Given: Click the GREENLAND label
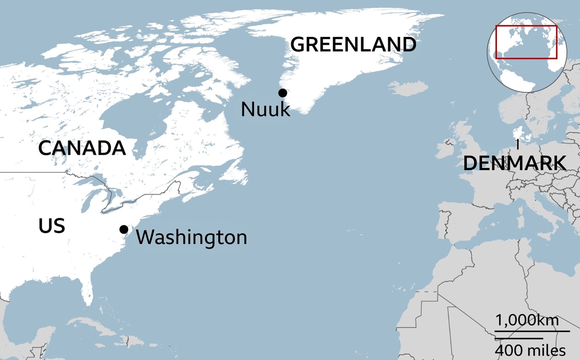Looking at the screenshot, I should [353, 44].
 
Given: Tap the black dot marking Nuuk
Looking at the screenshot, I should [282, 93].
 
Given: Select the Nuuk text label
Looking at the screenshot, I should [265, 110].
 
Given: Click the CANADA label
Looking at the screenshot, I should [82, 148].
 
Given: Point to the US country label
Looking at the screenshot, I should [52, 226].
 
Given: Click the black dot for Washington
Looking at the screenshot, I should [124, 229].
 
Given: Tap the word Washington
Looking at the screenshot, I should [191, 237].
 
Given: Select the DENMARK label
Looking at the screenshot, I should [515, 163].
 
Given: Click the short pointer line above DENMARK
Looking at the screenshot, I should [517, 145].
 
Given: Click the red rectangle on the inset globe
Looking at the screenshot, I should [526, 42].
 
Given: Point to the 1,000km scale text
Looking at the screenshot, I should [527, 320].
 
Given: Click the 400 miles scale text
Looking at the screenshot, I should [530, 350].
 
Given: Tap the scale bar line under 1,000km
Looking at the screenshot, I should [532, 331].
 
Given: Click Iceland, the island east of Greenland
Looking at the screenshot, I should [409, 88].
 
